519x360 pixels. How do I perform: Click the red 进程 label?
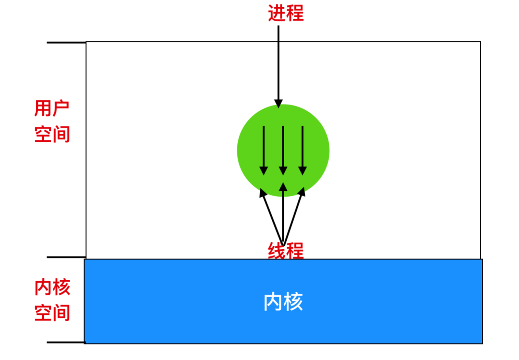(285, 13)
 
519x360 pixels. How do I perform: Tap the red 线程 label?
(285, 250)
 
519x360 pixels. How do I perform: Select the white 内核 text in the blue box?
(283, 302)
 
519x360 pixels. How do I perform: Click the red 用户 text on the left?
(51, 108)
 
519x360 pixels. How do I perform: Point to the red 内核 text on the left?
(52, 287)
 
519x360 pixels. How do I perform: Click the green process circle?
(283, 151)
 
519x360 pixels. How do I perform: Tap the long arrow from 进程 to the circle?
(278, 66)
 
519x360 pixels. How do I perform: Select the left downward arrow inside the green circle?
(263, 150)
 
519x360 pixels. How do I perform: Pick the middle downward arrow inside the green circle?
(283, 150)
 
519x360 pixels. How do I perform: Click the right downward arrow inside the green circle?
(303, 150)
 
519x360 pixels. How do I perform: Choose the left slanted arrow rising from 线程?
(272, 217)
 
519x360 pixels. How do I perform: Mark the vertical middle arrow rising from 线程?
(283, 214)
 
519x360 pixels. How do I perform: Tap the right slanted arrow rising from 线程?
(294, 216)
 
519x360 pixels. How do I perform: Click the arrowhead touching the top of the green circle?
(278, 104)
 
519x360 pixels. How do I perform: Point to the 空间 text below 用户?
(52, 134)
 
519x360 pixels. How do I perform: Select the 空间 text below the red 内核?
(52, 312)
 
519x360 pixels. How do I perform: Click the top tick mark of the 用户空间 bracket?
(66, 42)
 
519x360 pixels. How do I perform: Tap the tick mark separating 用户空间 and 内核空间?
(66, 257)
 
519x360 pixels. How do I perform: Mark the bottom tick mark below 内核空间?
(66, 342)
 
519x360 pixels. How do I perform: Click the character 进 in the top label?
(277, 13)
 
